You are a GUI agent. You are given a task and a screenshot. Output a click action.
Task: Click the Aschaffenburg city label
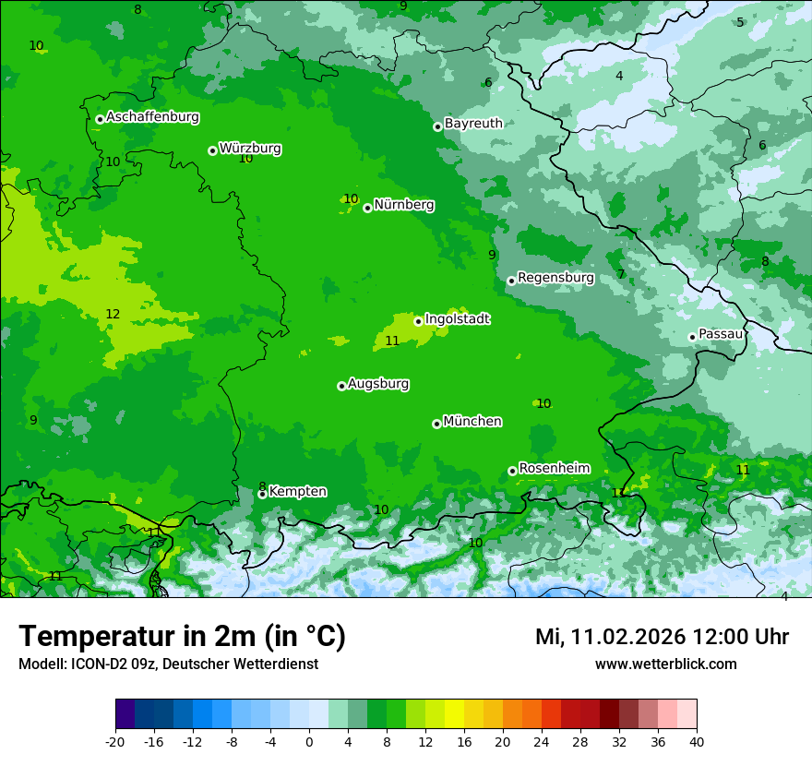coord(152,117)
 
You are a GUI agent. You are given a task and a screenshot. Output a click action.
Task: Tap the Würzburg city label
coord(250,149)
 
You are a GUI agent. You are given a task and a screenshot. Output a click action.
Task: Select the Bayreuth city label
coord(473,124)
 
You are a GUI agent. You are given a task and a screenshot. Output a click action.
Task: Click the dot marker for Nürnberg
coord(367,208)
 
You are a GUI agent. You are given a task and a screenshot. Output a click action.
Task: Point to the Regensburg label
coord(555,278)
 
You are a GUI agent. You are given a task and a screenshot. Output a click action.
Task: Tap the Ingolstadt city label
coord(457,319)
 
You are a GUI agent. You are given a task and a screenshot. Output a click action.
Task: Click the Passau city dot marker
coord(692,337)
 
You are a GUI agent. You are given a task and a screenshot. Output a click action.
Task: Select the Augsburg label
coord(378,384)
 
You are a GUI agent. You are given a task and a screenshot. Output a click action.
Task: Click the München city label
coord(472,422)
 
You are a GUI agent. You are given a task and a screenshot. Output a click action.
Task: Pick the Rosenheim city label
coord(554,469)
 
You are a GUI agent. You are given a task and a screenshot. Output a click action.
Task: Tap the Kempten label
coord(297,492)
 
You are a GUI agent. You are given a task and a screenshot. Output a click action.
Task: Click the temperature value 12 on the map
coord(113,315)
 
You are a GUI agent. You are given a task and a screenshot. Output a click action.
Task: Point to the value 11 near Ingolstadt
coord(392,341)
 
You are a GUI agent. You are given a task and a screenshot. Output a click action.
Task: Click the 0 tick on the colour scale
coord(309,741)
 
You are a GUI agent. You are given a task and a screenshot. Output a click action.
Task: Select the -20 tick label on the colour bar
coord(115,741)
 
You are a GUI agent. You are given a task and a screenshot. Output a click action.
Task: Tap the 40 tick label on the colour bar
coord(696,741)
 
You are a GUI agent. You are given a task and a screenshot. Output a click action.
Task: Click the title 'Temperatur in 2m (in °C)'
coord(182,636)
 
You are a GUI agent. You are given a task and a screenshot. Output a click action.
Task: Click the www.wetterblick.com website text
coord(665,664)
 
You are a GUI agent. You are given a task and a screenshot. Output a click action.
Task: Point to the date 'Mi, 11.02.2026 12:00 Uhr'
coord(662,637)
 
